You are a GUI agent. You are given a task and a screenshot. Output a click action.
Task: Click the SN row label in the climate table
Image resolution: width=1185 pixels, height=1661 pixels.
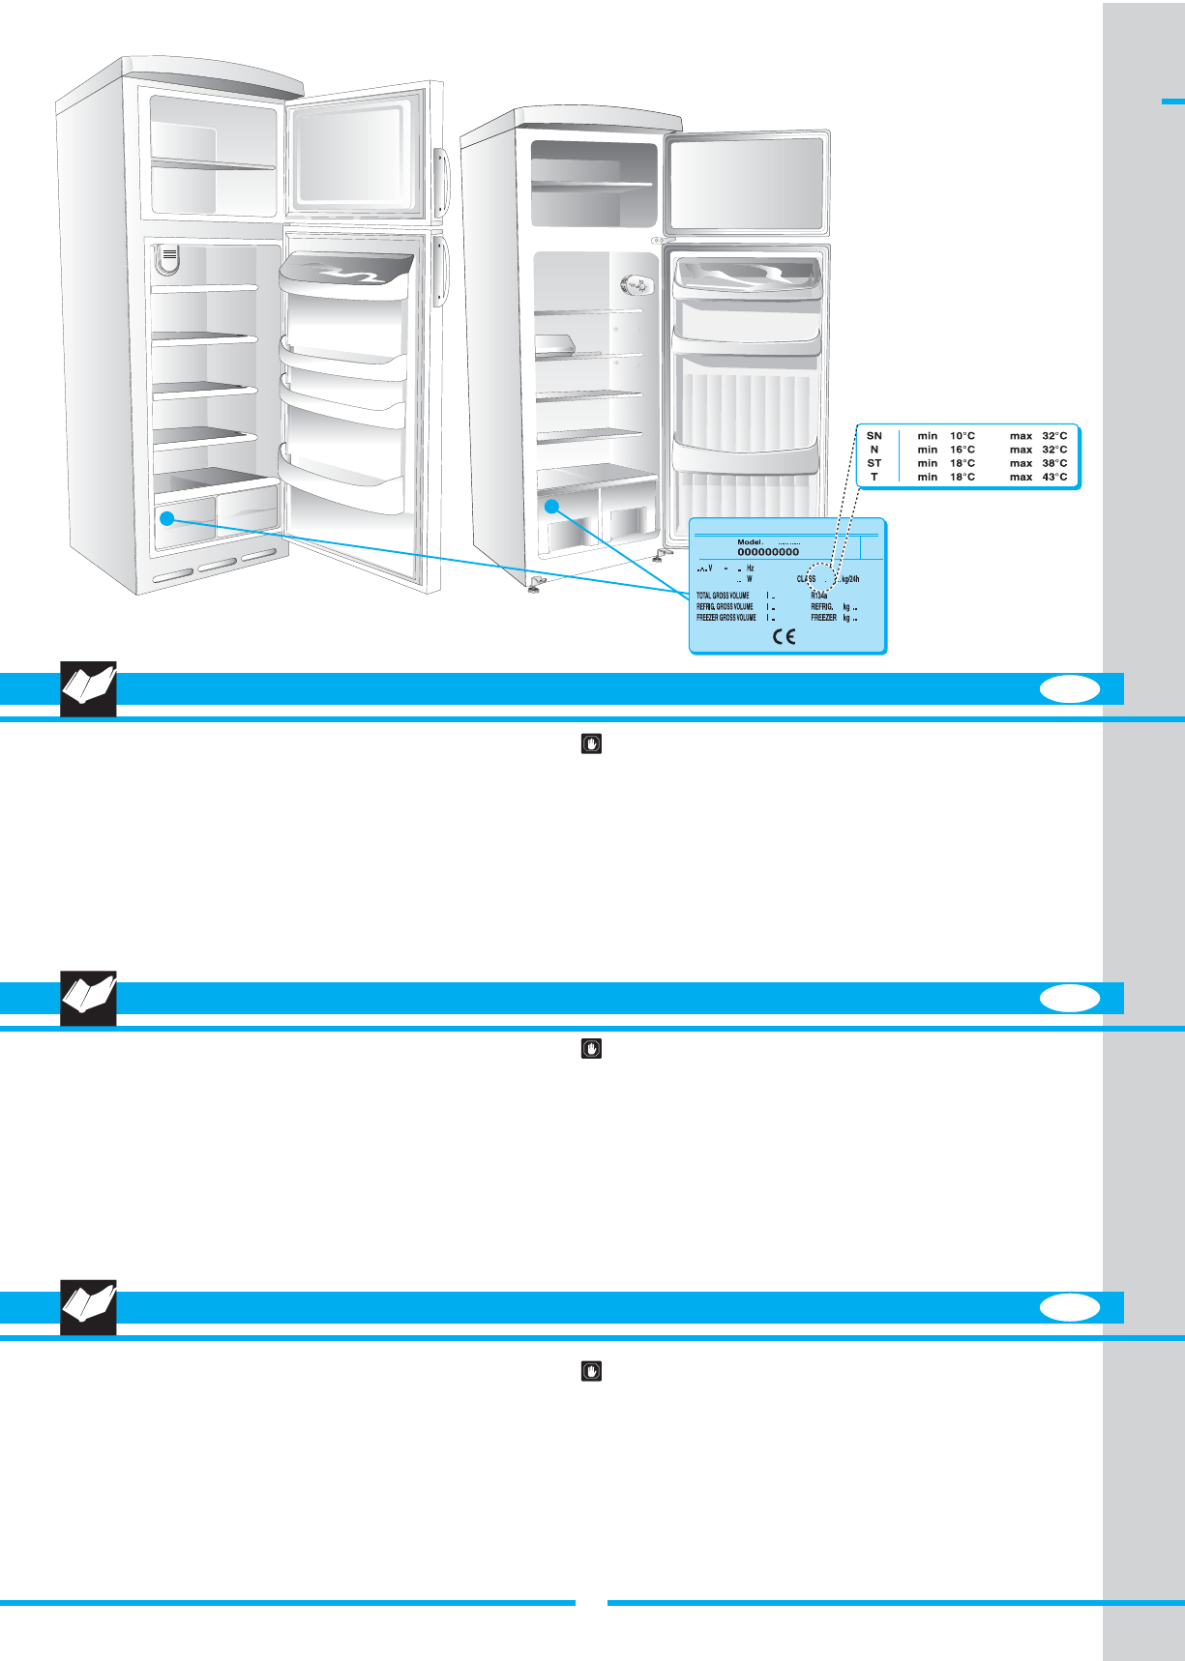[x=874, y=436]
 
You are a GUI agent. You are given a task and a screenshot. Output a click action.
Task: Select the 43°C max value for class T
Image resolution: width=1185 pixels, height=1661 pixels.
[x=1054, y=477]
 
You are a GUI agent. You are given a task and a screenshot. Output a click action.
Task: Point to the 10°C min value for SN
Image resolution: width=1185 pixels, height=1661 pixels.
[x=962, y=436]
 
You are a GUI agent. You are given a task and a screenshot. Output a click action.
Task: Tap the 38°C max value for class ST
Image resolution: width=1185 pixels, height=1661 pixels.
[x=1054, y=463]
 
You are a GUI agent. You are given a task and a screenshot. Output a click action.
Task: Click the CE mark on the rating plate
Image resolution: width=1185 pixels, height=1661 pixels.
[x=784, y=636]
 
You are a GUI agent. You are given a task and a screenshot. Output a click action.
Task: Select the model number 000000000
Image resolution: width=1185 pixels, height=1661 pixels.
[x=768, y=552]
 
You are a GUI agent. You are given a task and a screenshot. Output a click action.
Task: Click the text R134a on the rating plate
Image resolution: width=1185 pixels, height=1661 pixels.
[x=818, y=596]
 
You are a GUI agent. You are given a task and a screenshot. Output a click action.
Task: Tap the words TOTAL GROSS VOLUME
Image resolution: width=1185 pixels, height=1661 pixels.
[x=723, y=596]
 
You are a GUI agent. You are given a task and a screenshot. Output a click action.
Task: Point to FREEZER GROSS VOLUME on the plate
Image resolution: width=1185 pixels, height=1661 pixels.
[x=726, y=617]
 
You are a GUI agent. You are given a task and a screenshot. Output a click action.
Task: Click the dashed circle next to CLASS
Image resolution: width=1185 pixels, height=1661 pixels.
[x=820, y=575]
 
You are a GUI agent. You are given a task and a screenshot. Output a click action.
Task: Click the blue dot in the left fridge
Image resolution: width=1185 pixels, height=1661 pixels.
[x=167, y=518]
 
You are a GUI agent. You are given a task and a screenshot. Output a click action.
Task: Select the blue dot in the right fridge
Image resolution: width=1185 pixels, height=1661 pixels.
[x=552, y=506]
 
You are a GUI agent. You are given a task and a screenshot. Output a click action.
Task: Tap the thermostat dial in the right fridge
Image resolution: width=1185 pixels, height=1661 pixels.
[x=635, y=285]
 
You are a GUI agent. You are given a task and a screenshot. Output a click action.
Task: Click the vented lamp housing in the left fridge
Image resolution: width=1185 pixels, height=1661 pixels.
[x=168, y=258]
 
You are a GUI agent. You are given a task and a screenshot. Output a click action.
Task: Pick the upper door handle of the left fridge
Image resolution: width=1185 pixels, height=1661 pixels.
[x=440, y=182]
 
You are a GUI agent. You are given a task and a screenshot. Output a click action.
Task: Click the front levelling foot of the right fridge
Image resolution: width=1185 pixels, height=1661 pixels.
[x=535, y=584]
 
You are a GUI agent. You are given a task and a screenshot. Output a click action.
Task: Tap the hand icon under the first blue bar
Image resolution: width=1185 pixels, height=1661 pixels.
[x=591, y=743]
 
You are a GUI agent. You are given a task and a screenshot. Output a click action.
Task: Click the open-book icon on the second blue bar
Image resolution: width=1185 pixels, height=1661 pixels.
[x=88, y=998]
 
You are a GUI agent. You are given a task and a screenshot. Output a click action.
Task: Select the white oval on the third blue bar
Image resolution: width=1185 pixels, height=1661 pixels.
[x=1070, y=1307]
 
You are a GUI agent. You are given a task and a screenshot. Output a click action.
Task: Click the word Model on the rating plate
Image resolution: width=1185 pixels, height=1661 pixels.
[x=750, y=542]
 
